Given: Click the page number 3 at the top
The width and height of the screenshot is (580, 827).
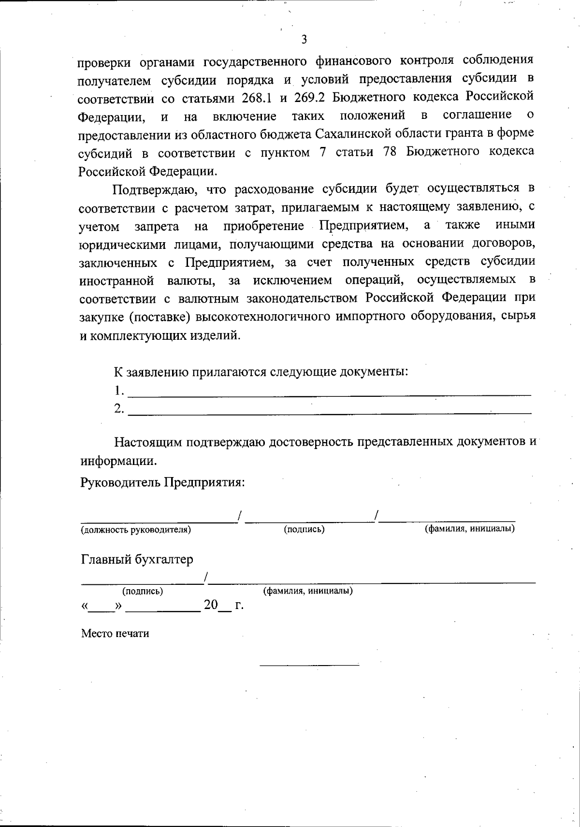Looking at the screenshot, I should pos(304,40).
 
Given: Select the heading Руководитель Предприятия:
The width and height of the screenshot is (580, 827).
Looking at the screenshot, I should pos(162,483).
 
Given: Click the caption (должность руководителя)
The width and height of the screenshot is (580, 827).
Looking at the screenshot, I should pos(136,530).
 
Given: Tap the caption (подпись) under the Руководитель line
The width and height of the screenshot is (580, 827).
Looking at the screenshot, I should pos(304,529).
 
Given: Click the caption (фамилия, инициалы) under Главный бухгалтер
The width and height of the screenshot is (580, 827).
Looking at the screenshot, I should pos(307,591).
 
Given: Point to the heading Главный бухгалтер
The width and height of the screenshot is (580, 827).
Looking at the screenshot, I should pos(137,560).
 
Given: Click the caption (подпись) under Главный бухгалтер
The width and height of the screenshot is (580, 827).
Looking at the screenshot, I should pos(143,591).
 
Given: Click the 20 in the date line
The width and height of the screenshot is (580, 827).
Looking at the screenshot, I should pos(211,605).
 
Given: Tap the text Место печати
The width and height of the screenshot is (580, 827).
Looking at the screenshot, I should pos(115,634).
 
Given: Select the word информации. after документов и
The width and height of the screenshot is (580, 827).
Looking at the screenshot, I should pos(118,461).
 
